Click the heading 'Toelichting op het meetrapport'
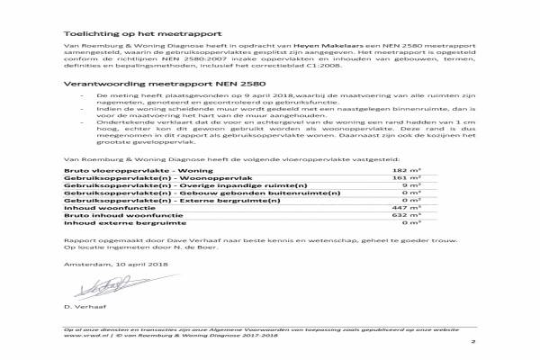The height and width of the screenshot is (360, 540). [x=121, y=31]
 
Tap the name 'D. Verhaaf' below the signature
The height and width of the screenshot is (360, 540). [x=82, y=309]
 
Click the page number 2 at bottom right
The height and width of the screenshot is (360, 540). [x=472, y=343]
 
